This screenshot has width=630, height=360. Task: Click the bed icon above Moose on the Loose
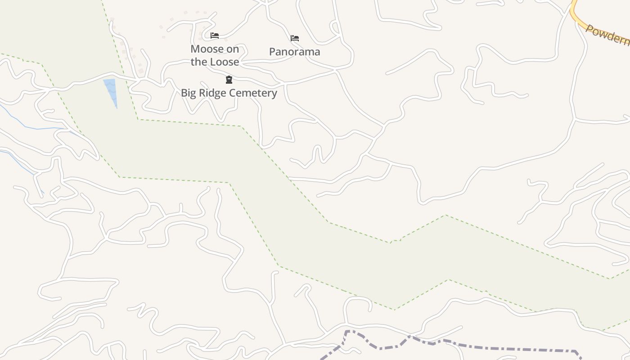tap(215, 36)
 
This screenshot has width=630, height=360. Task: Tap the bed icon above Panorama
tap(295, 38)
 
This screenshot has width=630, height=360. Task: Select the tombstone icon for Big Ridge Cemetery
tap(229, 80)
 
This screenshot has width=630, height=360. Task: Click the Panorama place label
tap(295, 52)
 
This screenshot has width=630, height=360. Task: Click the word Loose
tap(224, 62)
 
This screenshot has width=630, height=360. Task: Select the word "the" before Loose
tap(198, 62)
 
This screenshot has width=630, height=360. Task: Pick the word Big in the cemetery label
tap(189, 93)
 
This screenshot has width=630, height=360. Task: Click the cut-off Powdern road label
tap(607, 35)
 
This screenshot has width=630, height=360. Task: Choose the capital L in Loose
tap(211, 62)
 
